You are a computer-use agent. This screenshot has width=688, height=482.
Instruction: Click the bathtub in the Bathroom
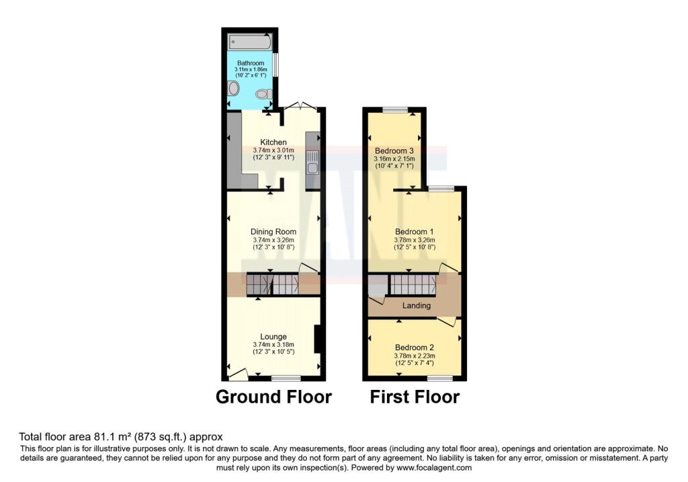pos(250,42)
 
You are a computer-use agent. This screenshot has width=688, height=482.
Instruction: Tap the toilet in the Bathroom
pos(263,94)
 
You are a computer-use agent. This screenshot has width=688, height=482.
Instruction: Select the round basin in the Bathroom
pos(233,89)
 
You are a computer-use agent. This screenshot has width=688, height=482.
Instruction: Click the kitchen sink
pos(312,163)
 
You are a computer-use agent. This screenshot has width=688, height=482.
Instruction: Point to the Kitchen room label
pos(273,143)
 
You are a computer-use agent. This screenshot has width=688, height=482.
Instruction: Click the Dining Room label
pos(273,232)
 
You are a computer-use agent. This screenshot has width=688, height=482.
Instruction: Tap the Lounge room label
pos(273,337)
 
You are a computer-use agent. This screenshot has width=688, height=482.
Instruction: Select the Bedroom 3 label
pos(394,151)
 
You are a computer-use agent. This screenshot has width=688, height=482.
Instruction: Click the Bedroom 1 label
pos(414,232)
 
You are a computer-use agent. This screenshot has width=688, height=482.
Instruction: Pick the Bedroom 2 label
pos(414,348)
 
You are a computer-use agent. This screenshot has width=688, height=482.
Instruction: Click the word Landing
pos(417,305)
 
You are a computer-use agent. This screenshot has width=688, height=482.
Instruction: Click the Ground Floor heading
pos(274,397)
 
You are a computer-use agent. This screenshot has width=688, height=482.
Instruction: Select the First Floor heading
pos(415,397)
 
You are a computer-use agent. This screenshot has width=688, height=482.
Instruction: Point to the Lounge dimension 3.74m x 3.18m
pos(273,345)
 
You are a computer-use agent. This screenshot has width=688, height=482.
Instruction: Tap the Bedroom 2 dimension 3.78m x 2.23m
pos(414,356)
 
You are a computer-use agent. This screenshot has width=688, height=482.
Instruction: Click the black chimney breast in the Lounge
pos(317,339)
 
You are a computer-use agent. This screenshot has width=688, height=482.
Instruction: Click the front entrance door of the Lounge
pos(238,374)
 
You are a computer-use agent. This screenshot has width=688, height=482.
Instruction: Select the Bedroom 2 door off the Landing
pos(447,322)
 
